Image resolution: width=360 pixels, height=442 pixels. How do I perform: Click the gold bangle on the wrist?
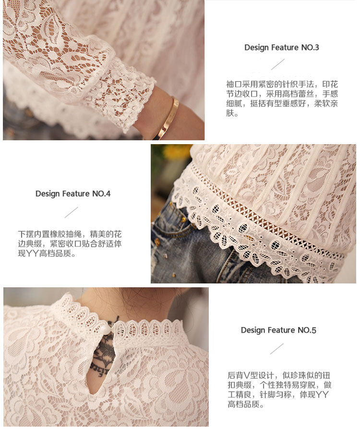[168, 118]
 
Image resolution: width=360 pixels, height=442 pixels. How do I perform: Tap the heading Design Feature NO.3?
[281, 48]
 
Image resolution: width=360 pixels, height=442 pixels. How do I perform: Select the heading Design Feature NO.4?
[72, 194]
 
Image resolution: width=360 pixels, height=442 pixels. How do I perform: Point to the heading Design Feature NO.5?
[278, 330]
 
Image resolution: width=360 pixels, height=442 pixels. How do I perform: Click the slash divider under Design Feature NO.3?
[278, 64]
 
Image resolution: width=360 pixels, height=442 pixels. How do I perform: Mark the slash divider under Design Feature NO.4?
[71, 212]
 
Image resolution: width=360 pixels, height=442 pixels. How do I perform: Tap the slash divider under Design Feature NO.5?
[277, 349]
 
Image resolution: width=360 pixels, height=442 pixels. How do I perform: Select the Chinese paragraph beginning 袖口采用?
[282, 98]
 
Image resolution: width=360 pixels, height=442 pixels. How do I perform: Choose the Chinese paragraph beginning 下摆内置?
[70, 244]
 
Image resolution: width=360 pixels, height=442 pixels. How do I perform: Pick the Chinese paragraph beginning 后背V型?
[279, 390]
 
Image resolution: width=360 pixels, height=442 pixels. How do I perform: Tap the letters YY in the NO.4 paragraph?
[32, 253]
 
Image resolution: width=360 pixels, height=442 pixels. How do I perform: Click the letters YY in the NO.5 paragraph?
[322, 394]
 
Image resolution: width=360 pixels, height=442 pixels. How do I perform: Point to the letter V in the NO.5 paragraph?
[246, 375]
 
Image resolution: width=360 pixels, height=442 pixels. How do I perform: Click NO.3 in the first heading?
[310, 48]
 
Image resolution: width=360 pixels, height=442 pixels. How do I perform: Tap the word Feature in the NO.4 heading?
[76, 194]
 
